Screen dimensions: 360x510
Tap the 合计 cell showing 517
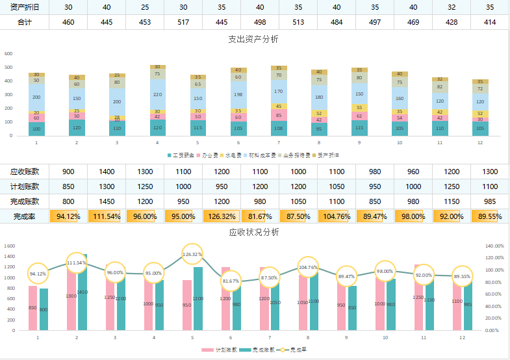tap(183, 23)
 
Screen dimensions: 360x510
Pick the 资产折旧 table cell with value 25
tap(145, 7)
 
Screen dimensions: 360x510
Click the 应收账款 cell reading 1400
tap(107, 172)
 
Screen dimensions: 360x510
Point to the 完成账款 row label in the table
tap(25, 201)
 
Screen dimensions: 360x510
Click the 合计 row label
tap(25, 23)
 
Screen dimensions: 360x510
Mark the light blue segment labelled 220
tap(157, 94)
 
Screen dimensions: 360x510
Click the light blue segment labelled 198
tap(238, 94)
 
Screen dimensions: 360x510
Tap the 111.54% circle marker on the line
tap(77, 263)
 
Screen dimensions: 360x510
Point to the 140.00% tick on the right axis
tap(494, 246)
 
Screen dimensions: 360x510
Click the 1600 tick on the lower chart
tap(9, 246)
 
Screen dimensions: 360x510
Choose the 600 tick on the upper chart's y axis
tap(8, 54)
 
